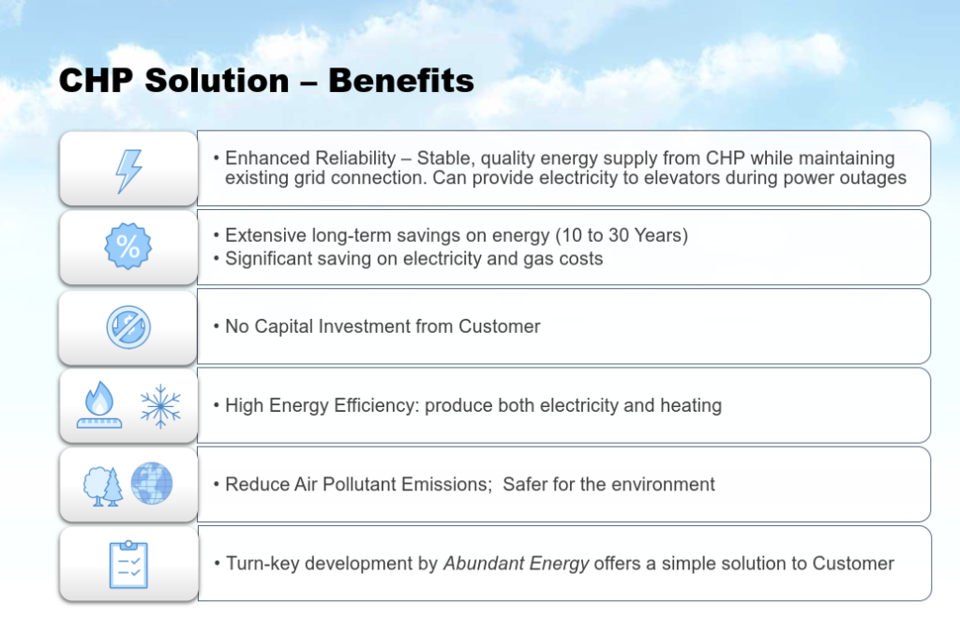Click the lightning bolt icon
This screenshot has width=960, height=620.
tap(128, 171)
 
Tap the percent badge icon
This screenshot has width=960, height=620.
tap(127, 247)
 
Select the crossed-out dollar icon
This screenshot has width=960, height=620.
tap(128, 327)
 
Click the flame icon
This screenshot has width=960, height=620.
tap(99, 404)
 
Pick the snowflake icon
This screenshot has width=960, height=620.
tap(160, 406)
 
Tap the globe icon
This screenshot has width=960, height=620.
tap(152, 483)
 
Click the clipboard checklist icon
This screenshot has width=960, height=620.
tap(128, 565)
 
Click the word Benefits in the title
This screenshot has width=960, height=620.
tap(401, 81)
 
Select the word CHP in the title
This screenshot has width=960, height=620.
tap(96, 81)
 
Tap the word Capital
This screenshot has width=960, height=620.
tap(282, 326)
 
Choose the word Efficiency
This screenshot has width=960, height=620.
tap(376, 405)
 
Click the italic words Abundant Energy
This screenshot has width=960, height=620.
tap(517, 564)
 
